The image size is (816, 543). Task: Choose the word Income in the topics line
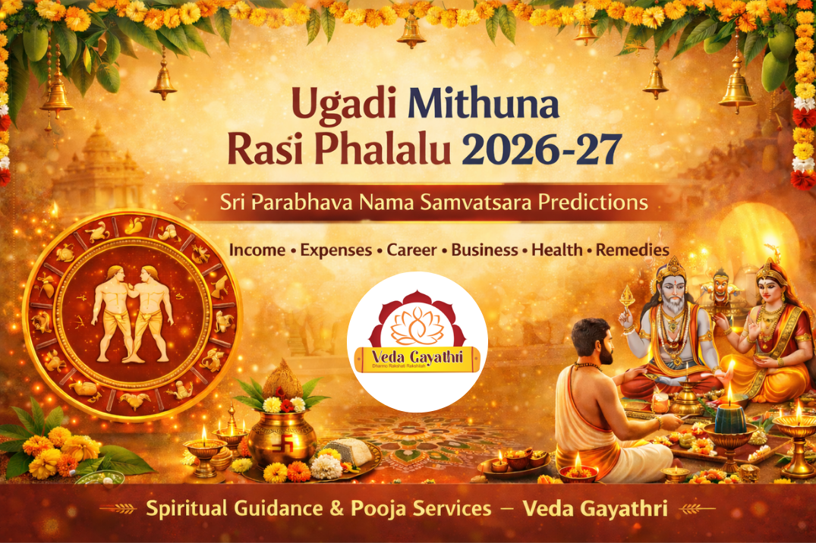click(257, 250)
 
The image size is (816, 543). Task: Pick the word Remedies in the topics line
click(632, 250)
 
